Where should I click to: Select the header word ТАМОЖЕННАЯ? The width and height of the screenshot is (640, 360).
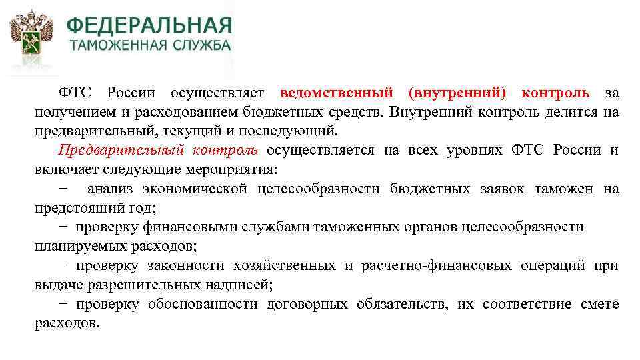pos(111,46)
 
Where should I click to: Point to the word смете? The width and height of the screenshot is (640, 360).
pos(601,305)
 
